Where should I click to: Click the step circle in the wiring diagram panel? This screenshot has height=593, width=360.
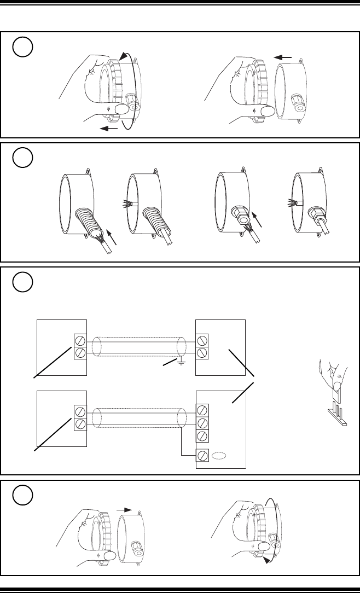point(23,282)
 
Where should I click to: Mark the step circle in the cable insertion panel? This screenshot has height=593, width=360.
point(23,159)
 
